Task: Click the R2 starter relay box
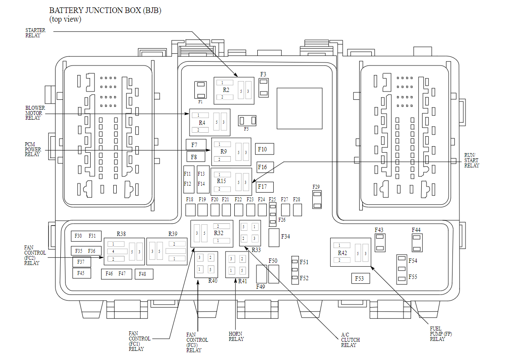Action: (x=233, y=90)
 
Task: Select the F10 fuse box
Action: (x=264, y=149)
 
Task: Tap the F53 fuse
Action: (x=360, y=278)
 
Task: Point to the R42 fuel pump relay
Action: (x=351, y=252)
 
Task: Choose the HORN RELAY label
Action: (x=236, y=337)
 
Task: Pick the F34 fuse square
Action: (x=274, y=237)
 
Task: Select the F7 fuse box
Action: (x=196, y=144)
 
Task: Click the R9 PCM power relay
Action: (x=231, y=152)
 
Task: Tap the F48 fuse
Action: (x=143, y=274)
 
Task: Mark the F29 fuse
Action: (x=317, y=199)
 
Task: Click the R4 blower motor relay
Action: (x=210, y=123)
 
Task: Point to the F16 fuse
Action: (x=264, y=167)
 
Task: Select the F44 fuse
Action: (x=417, y=243)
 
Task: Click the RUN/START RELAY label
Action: (x=471, y=160)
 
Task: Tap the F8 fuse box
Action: (x=196, y=157)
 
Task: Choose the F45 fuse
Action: (x=82, y=273)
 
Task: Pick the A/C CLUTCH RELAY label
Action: (x=350, y=340)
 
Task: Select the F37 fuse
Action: (x=82, y=262)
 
